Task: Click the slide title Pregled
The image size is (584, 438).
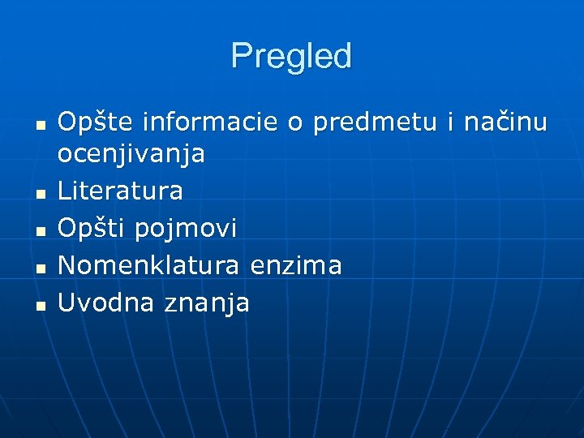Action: click(x=291, y=57)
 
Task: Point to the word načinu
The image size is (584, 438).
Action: click(x=506, y=123)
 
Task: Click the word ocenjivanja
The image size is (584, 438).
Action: click(x=131, y=154)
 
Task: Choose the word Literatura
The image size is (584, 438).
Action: click(x=120, y=191)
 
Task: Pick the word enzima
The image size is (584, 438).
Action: click(x=296, y=264)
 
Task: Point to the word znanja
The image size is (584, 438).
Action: click(x=207, y=303)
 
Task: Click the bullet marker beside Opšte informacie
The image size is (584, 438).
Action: click(x=39, y=126)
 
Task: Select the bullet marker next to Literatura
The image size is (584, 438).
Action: click(x=39, y=194)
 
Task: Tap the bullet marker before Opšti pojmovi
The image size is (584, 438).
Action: click(x=39, y=231)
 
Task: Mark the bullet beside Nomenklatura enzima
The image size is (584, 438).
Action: click(x=39, y=268)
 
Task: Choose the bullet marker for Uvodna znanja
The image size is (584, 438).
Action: click(x=39, y=305)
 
